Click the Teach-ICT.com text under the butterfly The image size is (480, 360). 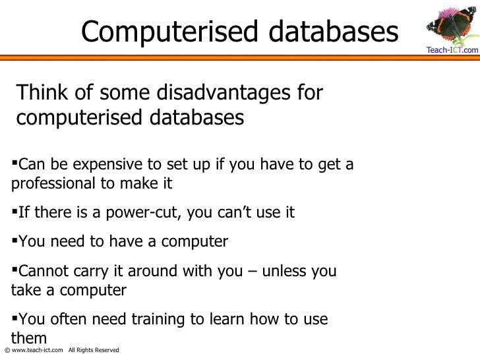click(x=452, y=50)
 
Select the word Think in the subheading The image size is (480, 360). click(x=40, y=93)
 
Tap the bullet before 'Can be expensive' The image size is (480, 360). click(x=15, y=160)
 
